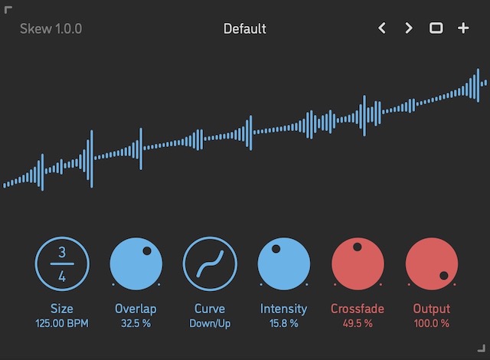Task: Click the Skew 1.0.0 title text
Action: coord(51,29)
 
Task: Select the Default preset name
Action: coord(245,29)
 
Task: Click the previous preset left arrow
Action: coord(383,29)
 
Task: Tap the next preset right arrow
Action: coord(409,29)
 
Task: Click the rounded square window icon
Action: coord(436,29)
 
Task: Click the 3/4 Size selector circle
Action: coord(62,264)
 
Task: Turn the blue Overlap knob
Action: coord(136,264)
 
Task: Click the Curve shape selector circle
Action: coord(210,264)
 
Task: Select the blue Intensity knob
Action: coord(283,264)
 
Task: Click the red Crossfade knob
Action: coord(358,264)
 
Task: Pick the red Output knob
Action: coord(431,264)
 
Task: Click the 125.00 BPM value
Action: coord(62,323)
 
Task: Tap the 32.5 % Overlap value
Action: coord(136,323)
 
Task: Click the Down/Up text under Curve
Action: coord(210,323)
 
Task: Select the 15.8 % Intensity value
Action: coord(283,323)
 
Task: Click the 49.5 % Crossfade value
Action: coord(358,323)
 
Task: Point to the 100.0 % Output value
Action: coord(431,323)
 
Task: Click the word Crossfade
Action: coord(358,309)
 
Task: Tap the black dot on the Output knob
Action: coord(443,276)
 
